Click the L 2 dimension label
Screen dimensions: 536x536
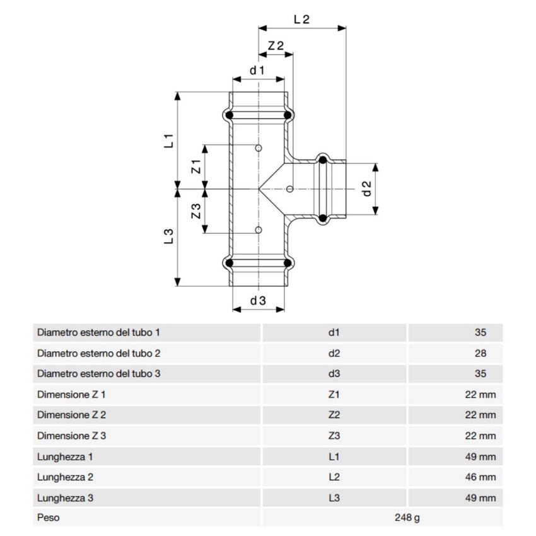(x=302, y=19)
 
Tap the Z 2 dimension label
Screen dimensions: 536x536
(x=276, y=45)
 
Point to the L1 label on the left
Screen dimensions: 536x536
(x=168, y=140)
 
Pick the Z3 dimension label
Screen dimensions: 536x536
(x=196, y=211)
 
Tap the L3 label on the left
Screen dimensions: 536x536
(x=168, y=236)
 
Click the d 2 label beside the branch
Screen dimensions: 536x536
(x=367, y=189)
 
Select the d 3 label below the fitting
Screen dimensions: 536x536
(x=258, y=301)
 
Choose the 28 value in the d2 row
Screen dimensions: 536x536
(x=481, y=353)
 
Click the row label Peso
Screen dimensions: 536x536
(x=49, y=518)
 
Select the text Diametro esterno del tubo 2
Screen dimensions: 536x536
(x=99, y=353)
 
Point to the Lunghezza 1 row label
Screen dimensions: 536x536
(x=66, y=457)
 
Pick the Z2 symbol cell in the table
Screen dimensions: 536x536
(x=334, y=415)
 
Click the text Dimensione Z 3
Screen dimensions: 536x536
(x=72, y=436)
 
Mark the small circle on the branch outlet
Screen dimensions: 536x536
(x=289, y=189)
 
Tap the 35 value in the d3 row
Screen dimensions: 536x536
(x=481, y=374)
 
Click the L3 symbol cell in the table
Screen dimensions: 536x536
(x=334, y=498)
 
